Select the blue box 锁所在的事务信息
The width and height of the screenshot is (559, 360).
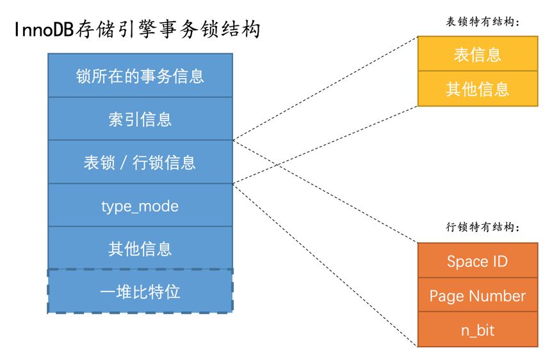(140, 76)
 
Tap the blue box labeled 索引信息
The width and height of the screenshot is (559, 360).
(140, 119)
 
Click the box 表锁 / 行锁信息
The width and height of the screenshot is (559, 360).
(140, 162)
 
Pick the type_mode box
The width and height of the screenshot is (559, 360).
(140, 206)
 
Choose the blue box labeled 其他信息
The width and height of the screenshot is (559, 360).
(140, 249)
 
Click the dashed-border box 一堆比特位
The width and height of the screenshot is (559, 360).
(140, 292)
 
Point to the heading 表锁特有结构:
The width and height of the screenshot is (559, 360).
(482, 22)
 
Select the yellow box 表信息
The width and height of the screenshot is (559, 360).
(477, 54)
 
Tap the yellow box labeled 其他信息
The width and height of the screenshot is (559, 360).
(477, 89)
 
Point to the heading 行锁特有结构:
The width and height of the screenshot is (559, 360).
(482, 227)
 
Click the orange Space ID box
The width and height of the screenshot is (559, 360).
(477, 261)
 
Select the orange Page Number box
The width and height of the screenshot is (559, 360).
(477, 296)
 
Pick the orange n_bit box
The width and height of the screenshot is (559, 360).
(477, 330)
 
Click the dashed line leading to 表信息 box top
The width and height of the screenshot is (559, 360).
(325, 88)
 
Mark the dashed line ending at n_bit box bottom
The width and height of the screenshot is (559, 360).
(325, 265)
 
